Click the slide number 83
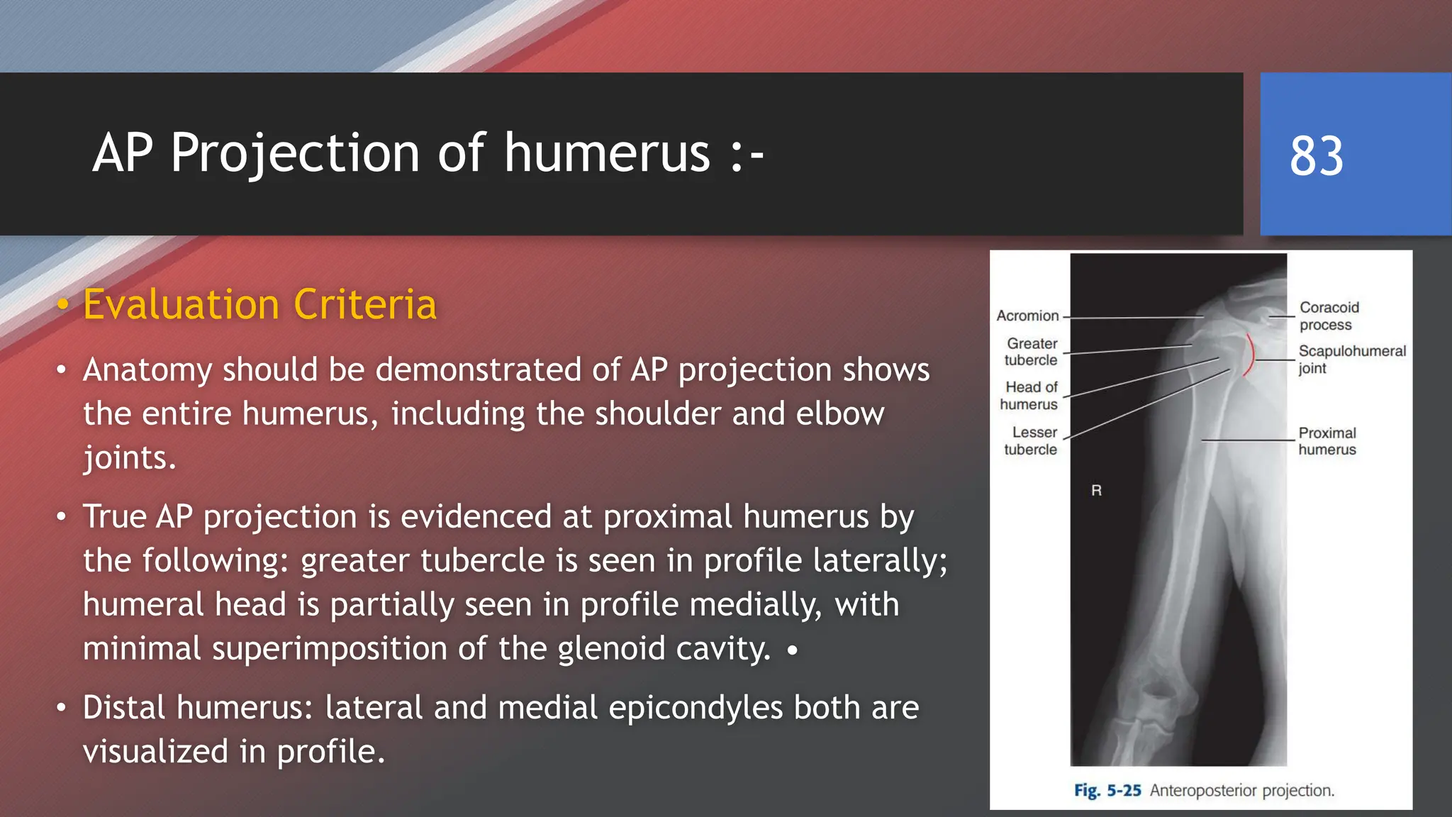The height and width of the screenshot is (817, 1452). pos(1316,155)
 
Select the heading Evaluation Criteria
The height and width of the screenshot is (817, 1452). pos(259,304)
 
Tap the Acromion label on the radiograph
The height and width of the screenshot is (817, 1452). pos(1027,316)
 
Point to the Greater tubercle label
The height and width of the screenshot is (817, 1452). pos(1031,352)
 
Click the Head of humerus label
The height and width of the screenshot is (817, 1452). pos(1029,396)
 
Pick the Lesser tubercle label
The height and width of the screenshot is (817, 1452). pos(1032,440)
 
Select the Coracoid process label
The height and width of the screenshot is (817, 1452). pos(1329,316)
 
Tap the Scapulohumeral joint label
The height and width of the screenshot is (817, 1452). pos(1351,359)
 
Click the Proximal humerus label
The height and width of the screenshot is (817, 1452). pos(1327,441)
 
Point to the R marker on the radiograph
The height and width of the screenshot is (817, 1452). pos(1096,490)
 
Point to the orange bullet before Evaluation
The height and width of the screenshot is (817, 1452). pos(63,305)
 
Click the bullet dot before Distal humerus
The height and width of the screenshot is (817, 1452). pos(62,708)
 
